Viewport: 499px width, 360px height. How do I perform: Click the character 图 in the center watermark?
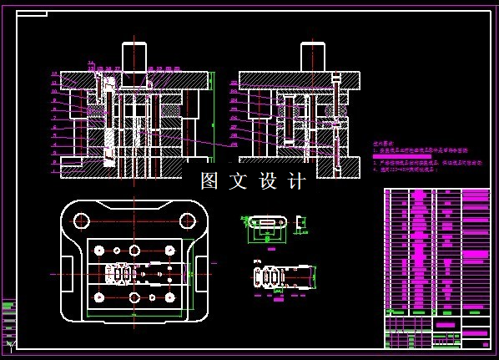click(x=209, y=181)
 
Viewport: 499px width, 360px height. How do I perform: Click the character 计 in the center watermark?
click(x=298, y=181)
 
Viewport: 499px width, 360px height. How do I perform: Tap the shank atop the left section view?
click(x=134, y=56)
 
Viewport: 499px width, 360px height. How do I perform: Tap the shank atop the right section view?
click(x=313, y=56)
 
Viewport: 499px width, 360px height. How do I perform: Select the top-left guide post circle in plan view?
click(x=81, y=221)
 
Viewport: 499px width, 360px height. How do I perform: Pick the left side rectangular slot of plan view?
click(x=69, y=267)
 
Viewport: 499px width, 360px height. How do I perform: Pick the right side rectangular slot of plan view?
click(x=199, y=267)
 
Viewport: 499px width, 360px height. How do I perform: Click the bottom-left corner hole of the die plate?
click(x=99, y=297)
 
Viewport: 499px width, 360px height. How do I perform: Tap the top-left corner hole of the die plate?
click(x=99, y=250)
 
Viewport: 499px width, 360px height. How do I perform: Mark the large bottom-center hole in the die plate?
click(x=134, y=297)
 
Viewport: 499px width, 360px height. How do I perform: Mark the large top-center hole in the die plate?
click(x=134, y=250)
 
